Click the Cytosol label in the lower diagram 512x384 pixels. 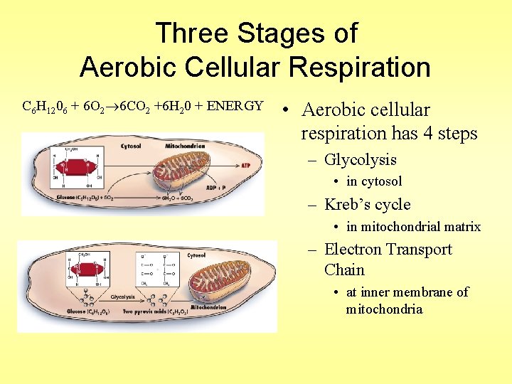point(196,255)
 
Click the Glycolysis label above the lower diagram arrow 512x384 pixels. point(123,297)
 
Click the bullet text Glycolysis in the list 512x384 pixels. point(360,160)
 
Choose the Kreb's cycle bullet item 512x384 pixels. point(367,205)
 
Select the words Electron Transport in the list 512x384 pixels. point(388,250)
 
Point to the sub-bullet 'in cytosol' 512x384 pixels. point(374,181)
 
